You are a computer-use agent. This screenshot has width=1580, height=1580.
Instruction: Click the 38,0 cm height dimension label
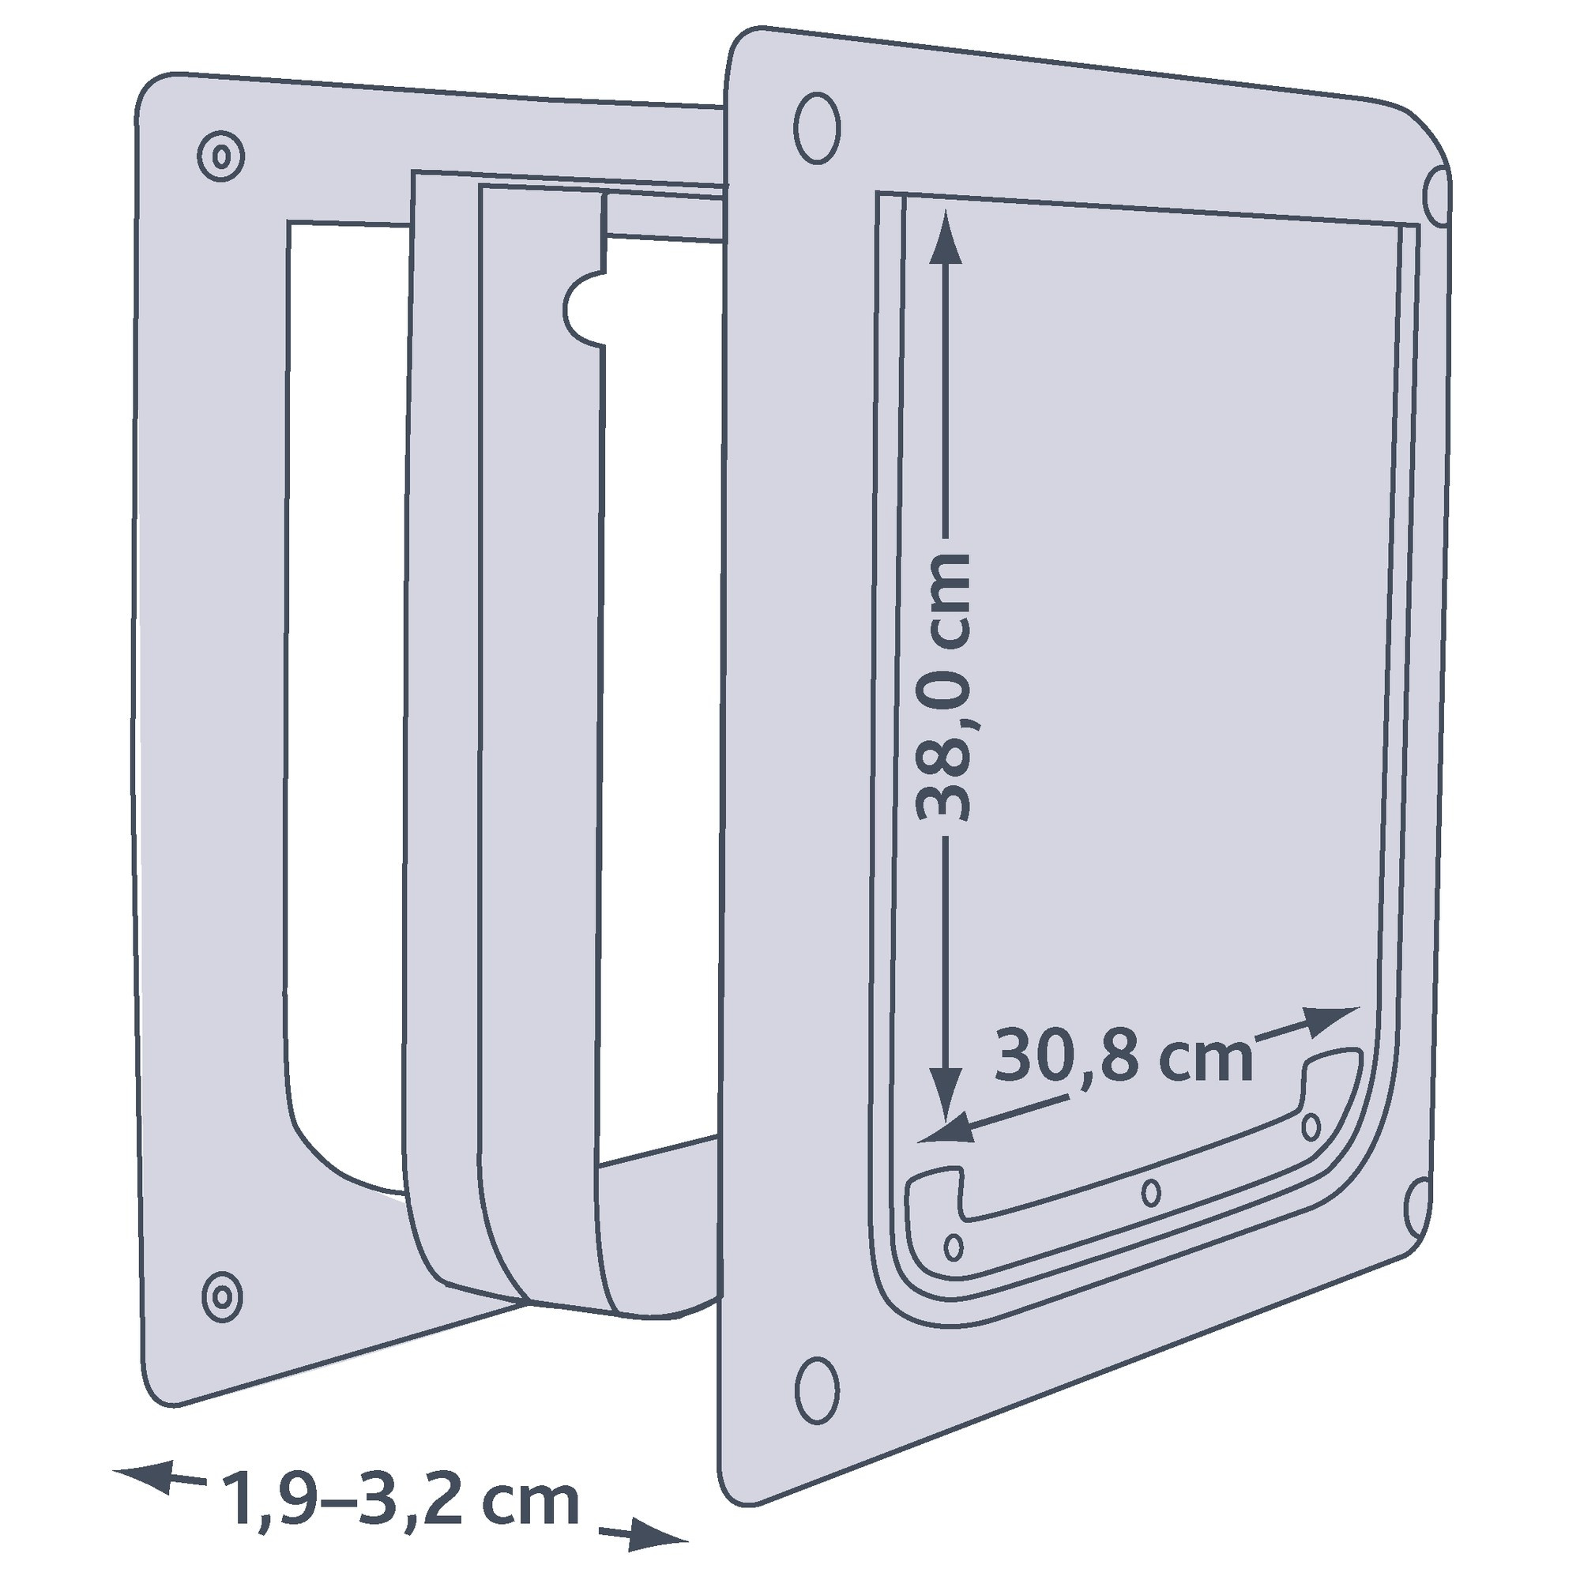[944, 688]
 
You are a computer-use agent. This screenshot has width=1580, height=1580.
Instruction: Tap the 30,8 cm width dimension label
[1123, 1058]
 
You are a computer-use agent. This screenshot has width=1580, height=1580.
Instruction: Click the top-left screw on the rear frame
[221, 156]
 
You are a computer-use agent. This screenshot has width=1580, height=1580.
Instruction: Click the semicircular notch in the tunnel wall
[584, 309]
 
